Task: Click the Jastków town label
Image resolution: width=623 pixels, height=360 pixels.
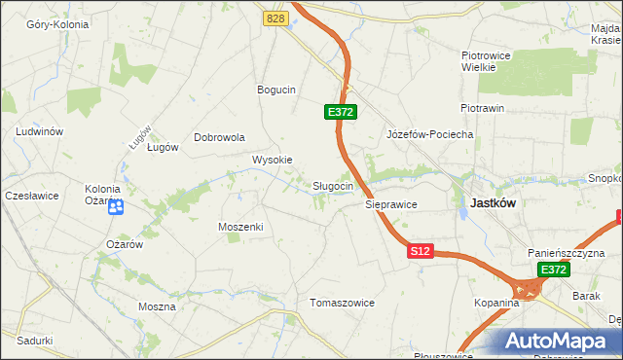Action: tap(493, 203)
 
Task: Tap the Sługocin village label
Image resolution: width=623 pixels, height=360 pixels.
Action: tap(339, 186)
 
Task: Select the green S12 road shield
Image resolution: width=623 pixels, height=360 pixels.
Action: tap(420, 251)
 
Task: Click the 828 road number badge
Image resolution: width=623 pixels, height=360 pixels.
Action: tap(275, 18)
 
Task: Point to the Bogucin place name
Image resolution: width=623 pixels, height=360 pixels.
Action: tap(275, 90)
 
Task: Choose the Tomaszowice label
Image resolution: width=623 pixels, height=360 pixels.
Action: tap(342, 303)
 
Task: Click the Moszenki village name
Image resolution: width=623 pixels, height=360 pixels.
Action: tap(240, 226)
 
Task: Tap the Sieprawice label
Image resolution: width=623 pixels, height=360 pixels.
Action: tap(391, 205)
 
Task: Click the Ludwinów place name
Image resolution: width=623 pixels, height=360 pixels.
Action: tap(40, 130)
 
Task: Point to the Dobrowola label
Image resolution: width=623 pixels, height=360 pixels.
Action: tap(219, 137)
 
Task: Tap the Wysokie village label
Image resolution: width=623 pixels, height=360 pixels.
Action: tap(273, 160)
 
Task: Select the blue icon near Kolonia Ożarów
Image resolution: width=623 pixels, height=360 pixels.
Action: tap(115, 205)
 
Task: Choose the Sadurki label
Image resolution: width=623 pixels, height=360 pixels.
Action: tap(34, 341)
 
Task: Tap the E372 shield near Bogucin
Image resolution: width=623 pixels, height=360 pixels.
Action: tap(340, 113)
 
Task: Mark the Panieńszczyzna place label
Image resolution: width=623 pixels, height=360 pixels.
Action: tap(567, 251)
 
